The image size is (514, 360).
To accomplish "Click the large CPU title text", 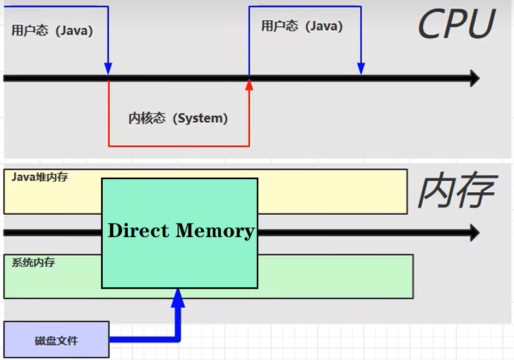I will tap(456, 25).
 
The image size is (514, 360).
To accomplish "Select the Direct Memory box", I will tap(179, 257).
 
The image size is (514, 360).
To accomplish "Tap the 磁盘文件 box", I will tap(56, 340).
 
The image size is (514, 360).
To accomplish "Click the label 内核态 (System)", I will tap(178, 118).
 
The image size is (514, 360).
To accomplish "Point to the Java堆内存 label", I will tap(40, 177).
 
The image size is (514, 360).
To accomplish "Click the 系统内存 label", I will tap(33, 263).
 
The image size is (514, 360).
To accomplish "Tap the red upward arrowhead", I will tap(249, 84).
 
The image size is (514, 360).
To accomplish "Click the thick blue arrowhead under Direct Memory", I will tap(178, 298).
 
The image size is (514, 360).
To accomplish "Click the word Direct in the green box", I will tap(139, 231).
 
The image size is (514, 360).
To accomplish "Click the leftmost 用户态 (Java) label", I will tap(52, 30).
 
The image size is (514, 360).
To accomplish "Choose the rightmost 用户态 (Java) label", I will tap(302, 26).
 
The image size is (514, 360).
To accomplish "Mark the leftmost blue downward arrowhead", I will tap(108, 68).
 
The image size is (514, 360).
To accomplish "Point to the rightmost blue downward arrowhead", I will tap(361, 68).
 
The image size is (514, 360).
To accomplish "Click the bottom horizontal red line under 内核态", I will tap(179, 146).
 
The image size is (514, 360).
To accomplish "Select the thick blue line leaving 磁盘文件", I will tap(142, 339).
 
